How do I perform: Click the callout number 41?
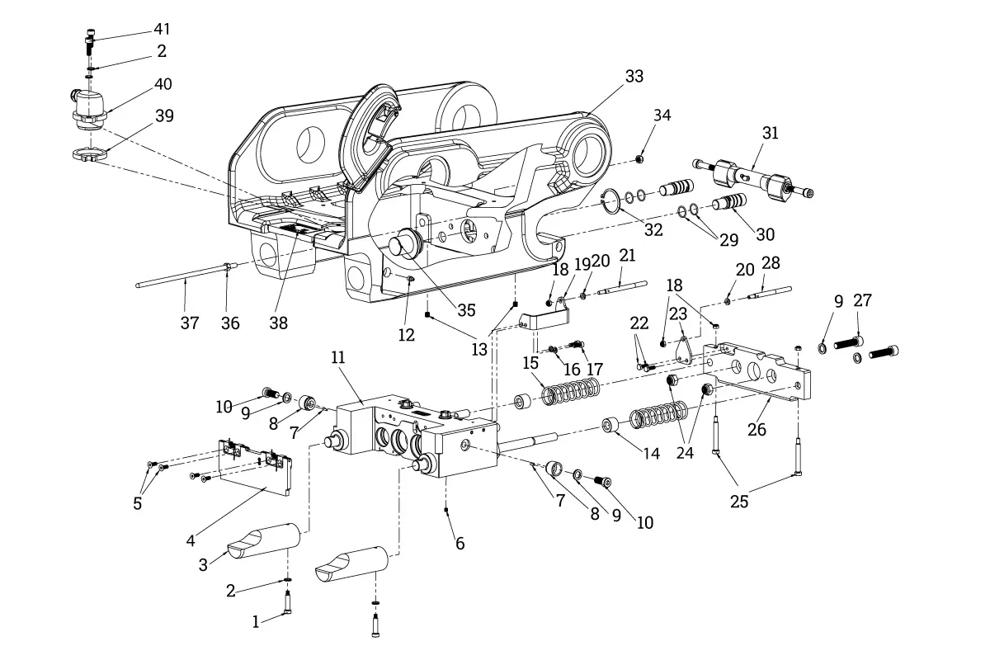click(x=161, y=30)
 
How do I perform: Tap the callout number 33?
click(x=634, y=76)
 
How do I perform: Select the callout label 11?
click(x=338, y=357)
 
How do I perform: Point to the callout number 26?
click(x=757, y=429)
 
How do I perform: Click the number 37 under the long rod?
click(x=190, y=323)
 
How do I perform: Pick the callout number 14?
click(x=652, y=453)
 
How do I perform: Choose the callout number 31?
click(x=770, y=133)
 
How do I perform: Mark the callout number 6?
click(x=460, y=543)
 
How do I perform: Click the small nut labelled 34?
click(x=639, y=158)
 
